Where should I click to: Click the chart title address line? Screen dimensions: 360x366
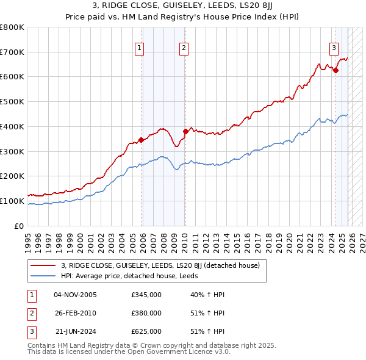pyautogui.click(x=183, y=7)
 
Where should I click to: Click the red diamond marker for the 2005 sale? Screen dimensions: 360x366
pyautogui.click(x=142, y=140)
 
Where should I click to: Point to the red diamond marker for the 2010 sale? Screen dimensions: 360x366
pyautogui.click(x=185, y=131)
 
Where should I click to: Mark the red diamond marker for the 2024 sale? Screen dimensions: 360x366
pyautogui.click(x=335, y=70)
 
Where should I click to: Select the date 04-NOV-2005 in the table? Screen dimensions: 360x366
pyautogui.click(x=75, y=295)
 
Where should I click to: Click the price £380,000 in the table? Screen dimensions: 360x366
pyautogui.click(x=146, y=313)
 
